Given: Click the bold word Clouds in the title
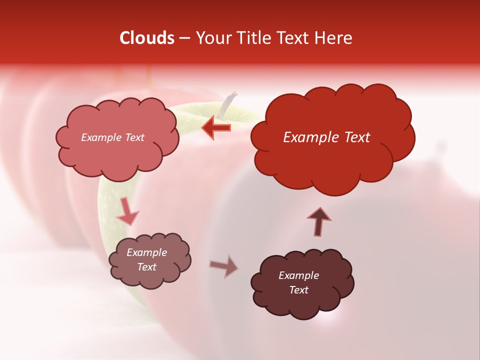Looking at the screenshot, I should coord(147,38).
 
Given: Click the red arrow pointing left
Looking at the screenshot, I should coord(216,127).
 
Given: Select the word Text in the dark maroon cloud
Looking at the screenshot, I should coord(298,290).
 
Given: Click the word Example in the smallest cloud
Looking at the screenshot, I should coord(146,252).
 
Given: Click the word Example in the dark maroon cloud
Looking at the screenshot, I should coord(298,275).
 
